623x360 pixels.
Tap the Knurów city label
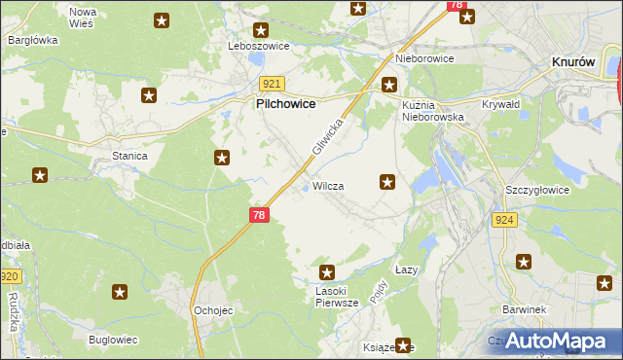point(573,60)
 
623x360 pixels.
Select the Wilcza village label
point(327,185)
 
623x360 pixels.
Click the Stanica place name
point(129,156)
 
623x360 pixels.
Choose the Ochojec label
point(211,310)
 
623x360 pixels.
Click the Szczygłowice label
point(536,190)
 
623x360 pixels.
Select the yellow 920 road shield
point(10,277)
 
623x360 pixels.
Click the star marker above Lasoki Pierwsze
point(327,273)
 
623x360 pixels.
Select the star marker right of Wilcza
point(387,181)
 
